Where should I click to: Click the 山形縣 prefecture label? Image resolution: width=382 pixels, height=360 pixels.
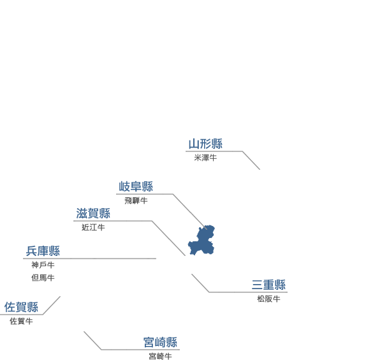(205, 144)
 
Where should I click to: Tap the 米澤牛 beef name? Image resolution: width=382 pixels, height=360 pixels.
(205, 158)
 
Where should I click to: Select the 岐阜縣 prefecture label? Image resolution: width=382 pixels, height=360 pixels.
(136, 186)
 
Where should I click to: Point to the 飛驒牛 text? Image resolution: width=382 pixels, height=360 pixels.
(136, 200)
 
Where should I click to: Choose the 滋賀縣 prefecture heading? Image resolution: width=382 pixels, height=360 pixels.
(93, 213)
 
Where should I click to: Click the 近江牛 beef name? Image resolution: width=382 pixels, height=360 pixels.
(93, 228)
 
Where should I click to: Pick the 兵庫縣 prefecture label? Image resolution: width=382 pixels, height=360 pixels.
(43, 251)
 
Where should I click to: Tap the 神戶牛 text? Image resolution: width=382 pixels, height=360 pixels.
(43, 265)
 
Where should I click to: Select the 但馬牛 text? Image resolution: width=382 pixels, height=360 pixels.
(43, 278)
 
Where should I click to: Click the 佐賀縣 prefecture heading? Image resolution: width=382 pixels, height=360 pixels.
(21, 307)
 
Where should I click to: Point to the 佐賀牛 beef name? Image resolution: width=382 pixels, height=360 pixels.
(21, 321)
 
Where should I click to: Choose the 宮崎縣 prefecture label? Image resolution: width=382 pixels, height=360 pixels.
(160, 342)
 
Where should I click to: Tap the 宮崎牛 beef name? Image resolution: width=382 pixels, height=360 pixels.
(160, 356)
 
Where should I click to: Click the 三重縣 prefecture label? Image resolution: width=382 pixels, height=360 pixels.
(268, 285)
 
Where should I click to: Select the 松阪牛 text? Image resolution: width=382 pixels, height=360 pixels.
(268, 299)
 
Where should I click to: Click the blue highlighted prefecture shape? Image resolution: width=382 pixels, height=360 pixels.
(202, 241)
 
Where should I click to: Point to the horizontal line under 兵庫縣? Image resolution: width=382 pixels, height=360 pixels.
(90, 259)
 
